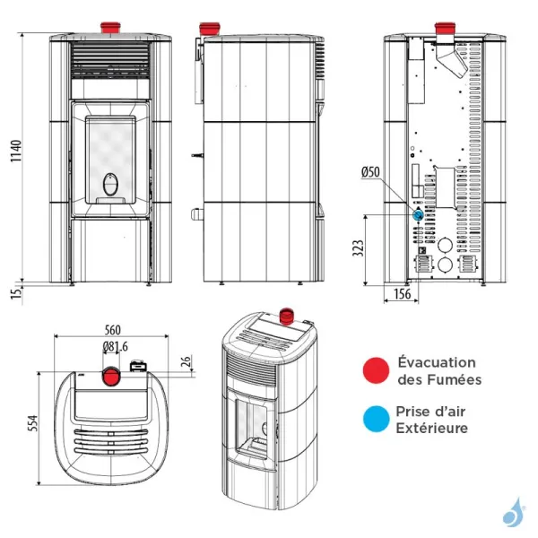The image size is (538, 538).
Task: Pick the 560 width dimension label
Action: (x=112, y=328)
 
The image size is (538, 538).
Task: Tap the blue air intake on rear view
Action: (x=418, y=215)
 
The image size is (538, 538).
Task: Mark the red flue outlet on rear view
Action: (x=445, y=26)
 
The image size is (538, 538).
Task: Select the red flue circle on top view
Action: (x=109, y=374)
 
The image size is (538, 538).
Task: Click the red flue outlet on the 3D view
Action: (x=288, y=315)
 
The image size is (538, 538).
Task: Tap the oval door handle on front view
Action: (x=110, y=183)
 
